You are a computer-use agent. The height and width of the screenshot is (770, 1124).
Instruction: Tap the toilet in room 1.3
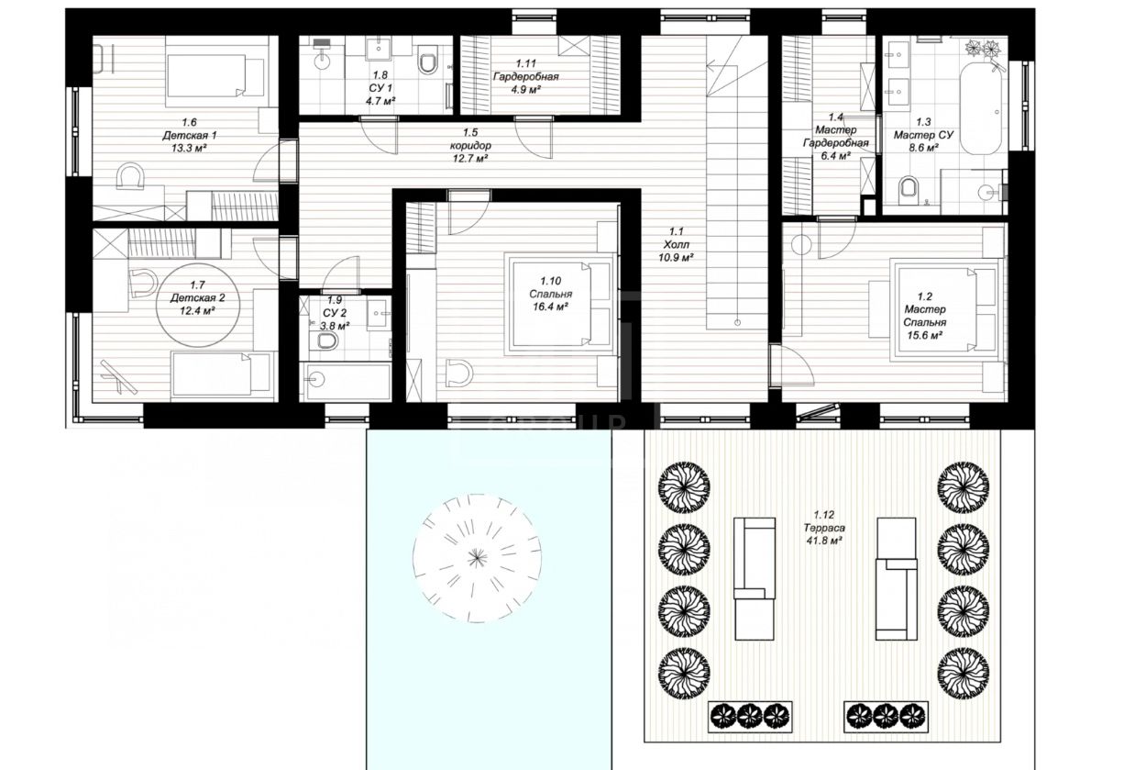[909, 187]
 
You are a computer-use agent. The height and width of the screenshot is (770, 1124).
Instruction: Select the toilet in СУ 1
[428, 61]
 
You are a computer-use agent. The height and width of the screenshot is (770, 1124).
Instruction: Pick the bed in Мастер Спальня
[947, 310]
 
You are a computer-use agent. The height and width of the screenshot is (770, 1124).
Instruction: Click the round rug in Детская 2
[198, 306]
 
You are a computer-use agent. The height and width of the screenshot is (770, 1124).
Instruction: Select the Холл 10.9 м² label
[676, 245]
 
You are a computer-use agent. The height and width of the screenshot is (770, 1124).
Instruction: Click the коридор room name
[470, 146]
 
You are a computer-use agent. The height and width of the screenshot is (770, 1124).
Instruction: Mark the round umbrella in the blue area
[477, 558]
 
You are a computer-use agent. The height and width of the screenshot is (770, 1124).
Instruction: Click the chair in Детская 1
[130, 175]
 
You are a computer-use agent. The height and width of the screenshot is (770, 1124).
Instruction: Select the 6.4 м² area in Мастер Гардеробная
[835, 156]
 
